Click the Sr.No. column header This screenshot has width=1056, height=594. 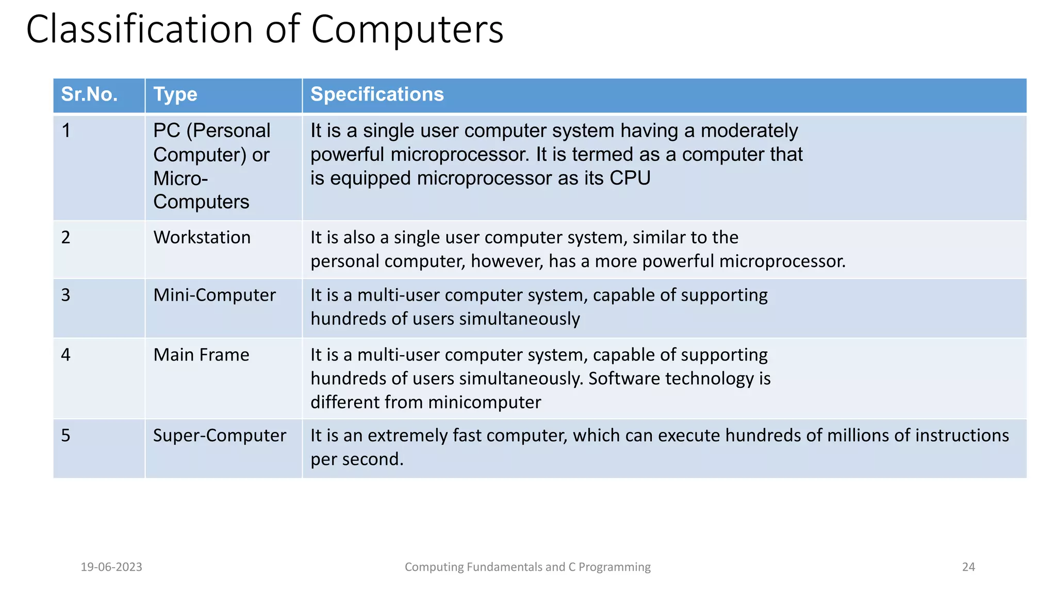pyautogui.click(x=89, y=95)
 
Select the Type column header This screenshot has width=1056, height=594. pyautogui.click(x=175, y=95)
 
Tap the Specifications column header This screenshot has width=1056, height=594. pyautogui.click(x=377, y=95)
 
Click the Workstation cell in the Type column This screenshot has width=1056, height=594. pyautogui.click(x=202, y=238)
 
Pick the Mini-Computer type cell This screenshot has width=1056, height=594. pyautogui.click(x=214, y=295)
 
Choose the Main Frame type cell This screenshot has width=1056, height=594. pyautogui.click(x=201, y=355)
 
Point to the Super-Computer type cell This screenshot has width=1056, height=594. pyautogui.click(x=220, y=436)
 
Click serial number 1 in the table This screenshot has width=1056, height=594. pyautogui.click(x=66, y=131)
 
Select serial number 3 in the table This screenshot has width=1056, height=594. pyautogui.click(x=66, y=295)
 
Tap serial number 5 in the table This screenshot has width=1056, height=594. pyautogui.click(x=66, y=436)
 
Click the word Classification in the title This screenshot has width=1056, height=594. pyautogui.click(x=140, y=29)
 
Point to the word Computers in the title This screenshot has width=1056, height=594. pyautogui.click(x=407, y=29)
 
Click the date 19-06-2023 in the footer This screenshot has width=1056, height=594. pyautogui.click(x=111, y=567)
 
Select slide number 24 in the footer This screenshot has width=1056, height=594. pyautogui.click(x=968, y=567)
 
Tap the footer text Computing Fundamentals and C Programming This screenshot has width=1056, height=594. pyautogui.click(x=527, y=567)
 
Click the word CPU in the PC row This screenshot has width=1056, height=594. pyautogui.click(x=630, y=178)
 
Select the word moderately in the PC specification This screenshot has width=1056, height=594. pyautogui.click(x=749, y=131)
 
